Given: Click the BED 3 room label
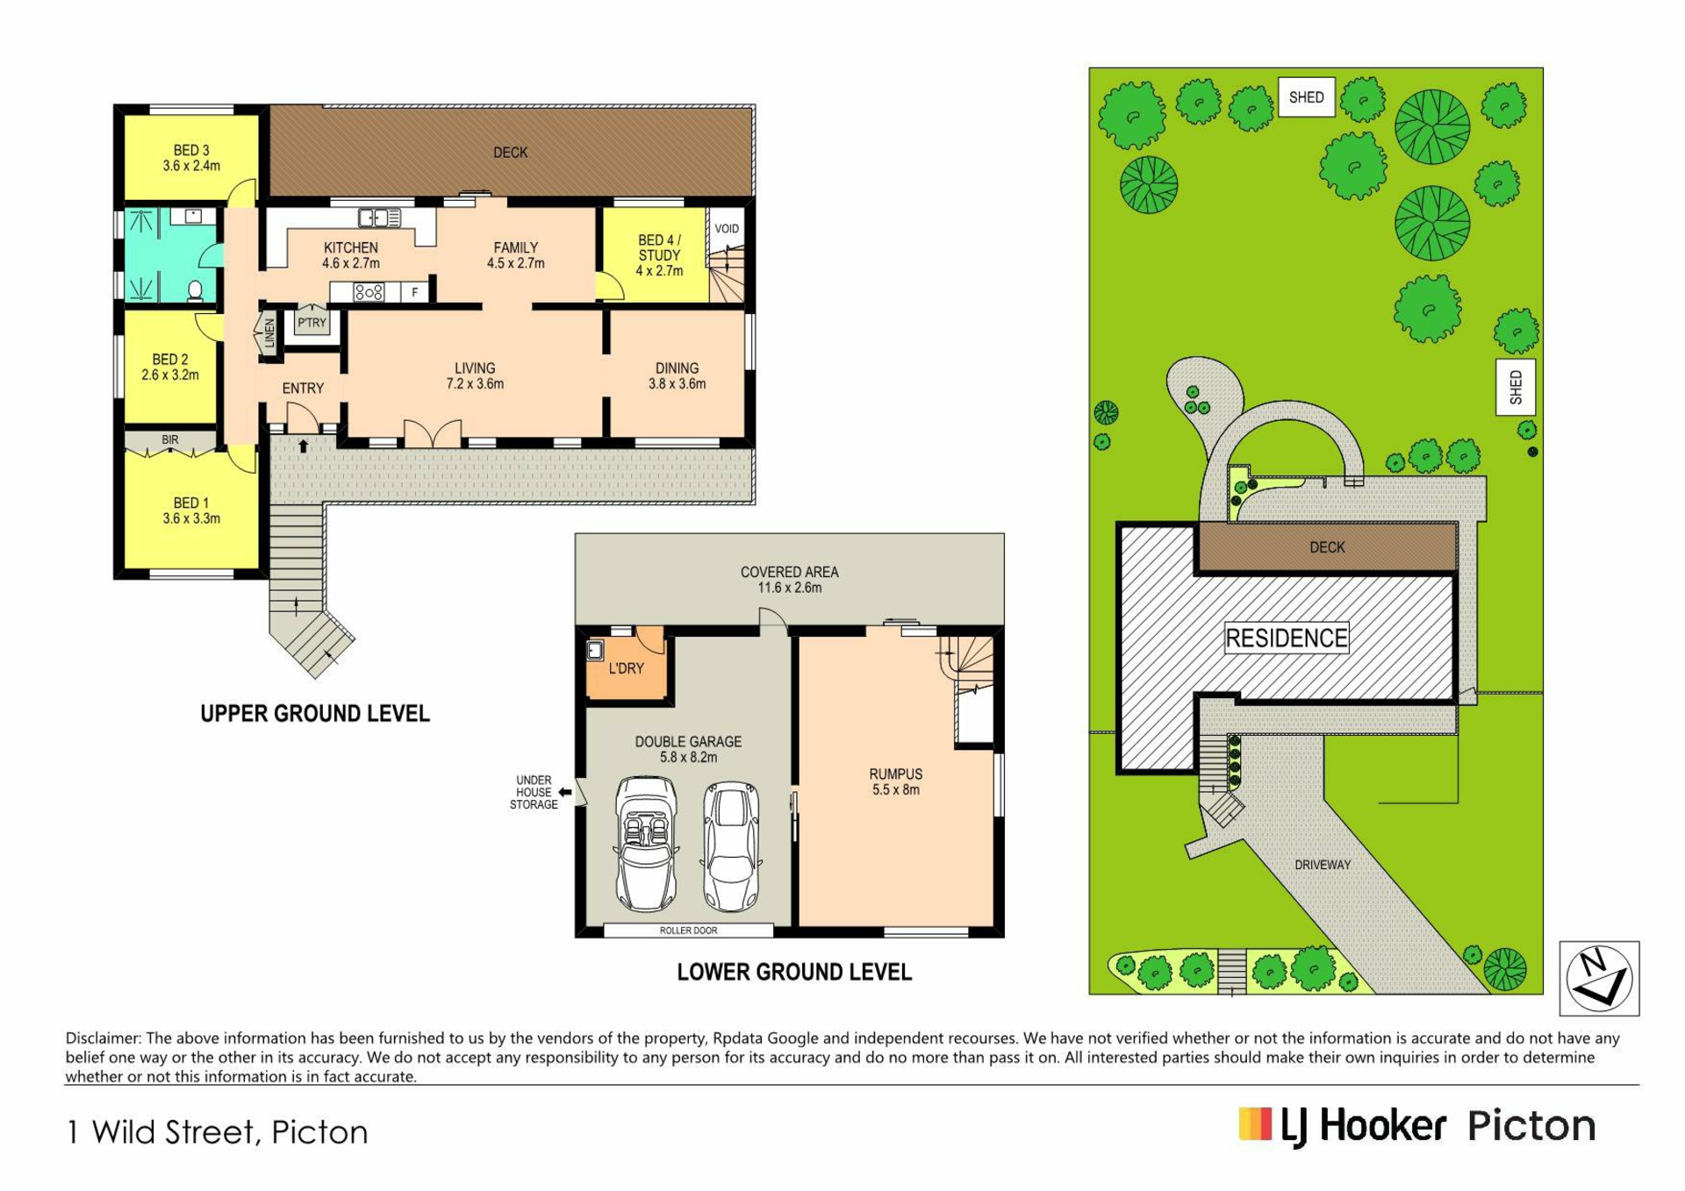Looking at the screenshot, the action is (x=191, y=151).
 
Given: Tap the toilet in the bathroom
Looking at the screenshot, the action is (x=196, y=291).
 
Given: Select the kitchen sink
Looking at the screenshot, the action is (x=379, y=217).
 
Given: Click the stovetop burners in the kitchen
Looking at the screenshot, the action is (x=369, y=292).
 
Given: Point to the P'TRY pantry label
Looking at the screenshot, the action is (x=312, y=323).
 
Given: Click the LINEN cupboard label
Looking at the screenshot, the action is (x=269, y=333).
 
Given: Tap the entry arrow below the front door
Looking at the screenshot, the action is (x=303, y=446).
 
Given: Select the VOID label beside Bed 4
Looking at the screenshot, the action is (x=727, y=229).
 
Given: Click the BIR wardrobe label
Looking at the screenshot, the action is (x=170, y=440).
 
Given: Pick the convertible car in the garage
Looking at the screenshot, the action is (x=646, y=844).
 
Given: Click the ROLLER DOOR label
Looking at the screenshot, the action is (x=688, y=931).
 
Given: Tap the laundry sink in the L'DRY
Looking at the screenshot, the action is (x=595, y=650).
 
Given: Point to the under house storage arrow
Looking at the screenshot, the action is (x=565, y=792).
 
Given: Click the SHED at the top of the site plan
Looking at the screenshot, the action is (x=1306, y=97).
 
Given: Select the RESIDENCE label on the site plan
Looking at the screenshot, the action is (x=1287, y=638).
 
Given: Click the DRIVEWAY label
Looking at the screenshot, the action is (x=1323, y=865).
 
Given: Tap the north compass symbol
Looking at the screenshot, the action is (x=1599, y=978).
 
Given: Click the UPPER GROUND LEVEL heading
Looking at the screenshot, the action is (x=315, y=714).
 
